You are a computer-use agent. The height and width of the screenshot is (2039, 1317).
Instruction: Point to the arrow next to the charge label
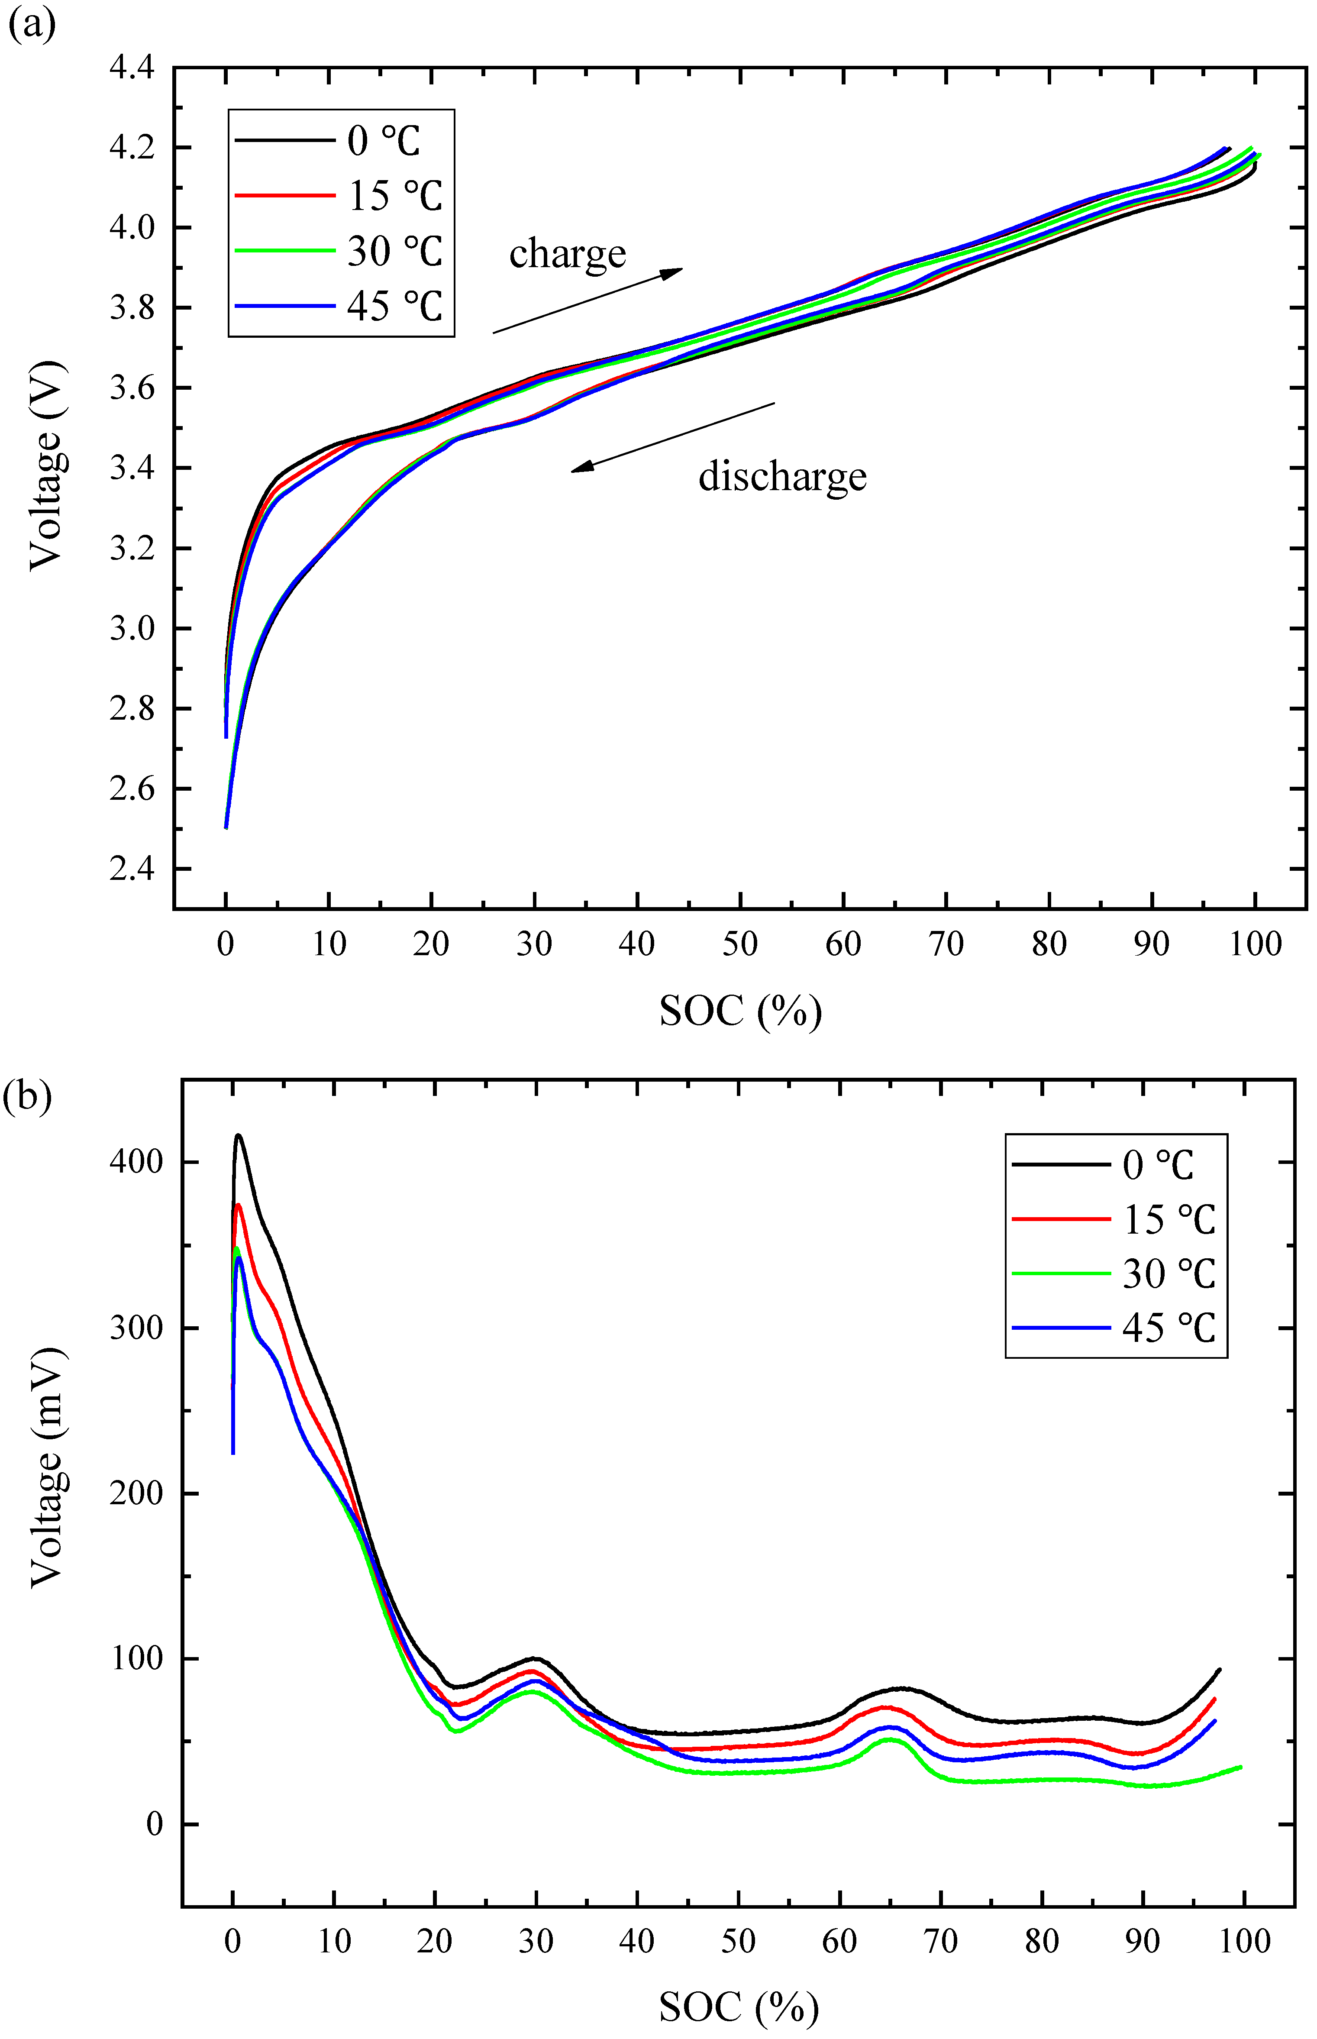tap(588, 300)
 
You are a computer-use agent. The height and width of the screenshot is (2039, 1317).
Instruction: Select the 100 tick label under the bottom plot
tap(1244, 1941)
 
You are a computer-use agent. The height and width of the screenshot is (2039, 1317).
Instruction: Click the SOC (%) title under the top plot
tap(740, 1012)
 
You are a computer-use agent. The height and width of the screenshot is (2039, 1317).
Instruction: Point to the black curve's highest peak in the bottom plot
tap(239, 1136)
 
